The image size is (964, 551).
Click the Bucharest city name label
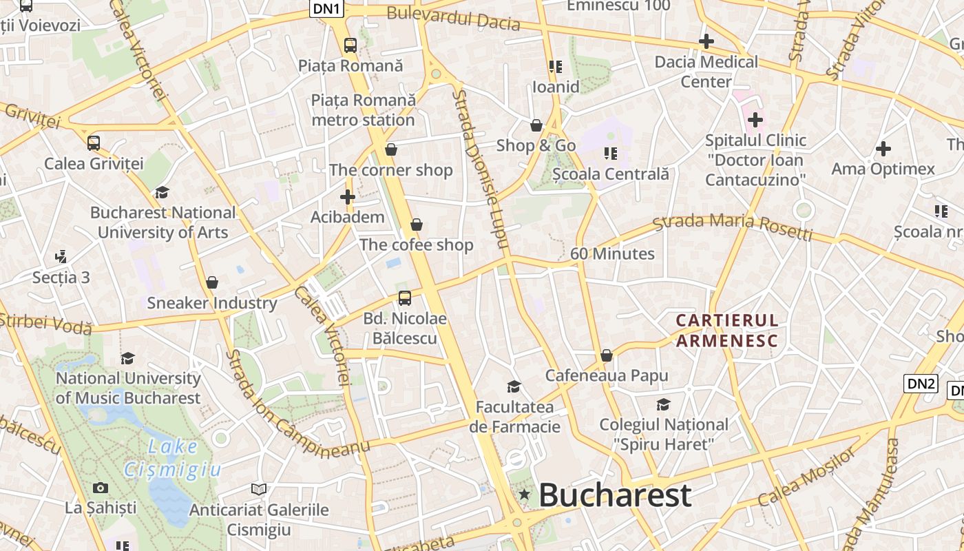(x=615, y=495)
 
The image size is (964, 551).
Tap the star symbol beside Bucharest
(x=525, y=494)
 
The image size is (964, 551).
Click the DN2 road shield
(x=921, y=384)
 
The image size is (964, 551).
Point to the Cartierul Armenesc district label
(x=727, y=330)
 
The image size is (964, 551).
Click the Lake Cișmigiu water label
(x=173, y=458)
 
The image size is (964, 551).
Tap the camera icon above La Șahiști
(x=101, y=488)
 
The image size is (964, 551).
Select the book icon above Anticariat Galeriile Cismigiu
(x=259, y=490)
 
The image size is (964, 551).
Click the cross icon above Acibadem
(x=348, y=198)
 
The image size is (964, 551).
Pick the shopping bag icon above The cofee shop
(x=416, y=225)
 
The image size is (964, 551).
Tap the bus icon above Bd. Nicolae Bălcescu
(x=405, y=298)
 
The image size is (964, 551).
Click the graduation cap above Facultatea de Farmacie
(x=514, y=386)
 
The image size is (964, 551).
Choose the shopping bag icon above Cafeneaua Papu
(x=607, y=355)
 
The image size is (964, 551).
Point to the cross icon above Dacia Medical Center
(x=706, y=42)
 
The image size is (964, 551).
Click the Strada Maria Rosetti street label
(x=733, y=227)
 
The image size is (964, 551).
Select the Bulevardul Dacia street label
(x=453, y=19)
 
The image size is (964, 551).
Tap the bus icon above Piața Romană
(x=350, y=45)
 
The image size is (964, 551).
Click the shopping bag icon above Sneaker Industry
(x=212, y=282)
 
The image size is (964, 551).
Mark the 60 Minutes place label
(x=612, y=253)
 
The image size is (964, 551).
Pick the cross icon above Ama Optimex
(x=883, y=149)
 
